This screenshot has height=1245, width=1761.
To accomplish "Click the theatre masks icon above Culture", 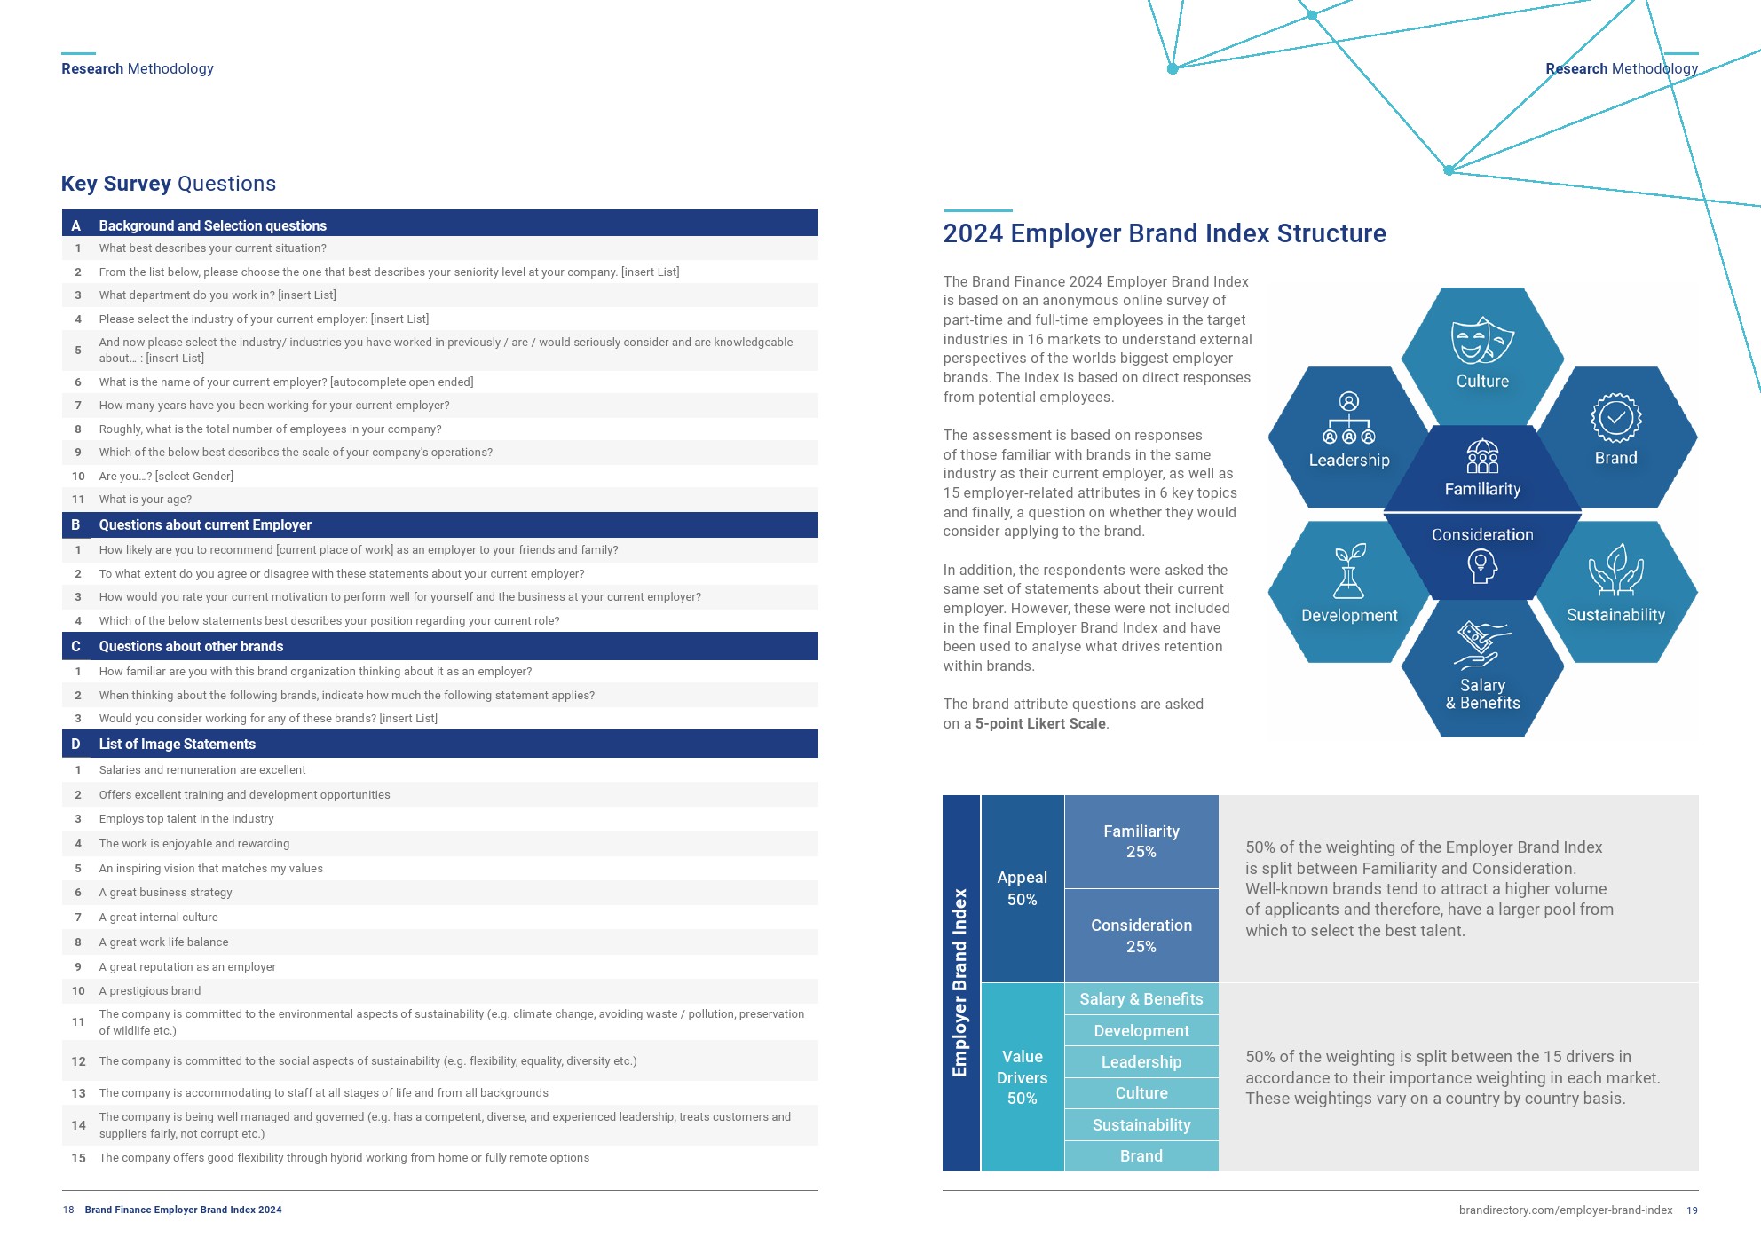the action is [1482, 341].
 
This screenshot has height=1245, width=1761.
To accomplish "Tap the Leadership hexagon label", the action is [1349, 460].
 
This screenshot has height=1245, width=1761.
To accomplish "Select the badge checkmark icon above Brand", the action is [1615, 417].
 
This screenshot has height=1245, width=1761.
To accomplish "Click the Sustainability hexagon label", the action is [1615, 615].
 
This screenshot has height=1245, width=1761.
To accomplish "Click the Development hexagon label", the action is [1349, 615].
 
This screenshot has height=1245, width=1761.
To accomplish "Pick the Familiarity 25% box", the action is [1141, 841].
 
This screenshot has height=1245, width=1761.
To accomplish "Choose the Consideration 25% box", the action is [1141, 935].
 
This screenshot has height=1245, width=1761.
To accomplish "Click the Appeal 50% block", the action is [1023, 888].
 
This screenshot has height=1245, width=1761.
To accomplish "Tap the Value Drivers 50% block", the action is [1023, 1077].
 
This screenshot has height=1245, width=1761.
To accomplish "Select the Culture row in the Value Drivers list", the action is [1141, 1093].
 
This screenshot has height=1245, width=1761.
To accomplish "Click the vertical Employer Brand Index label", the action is [960, 982].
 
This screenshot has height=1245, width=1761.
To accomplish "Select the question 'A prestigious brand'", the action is [150, 991].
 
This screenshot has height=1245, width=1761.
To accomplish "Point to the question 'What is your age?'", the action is [146, 500].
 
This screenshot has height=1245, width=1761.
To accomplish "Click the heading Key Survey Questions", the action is [169, 184].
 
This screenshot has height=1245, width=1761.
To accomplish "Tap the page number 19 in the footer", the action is [1692, 1210].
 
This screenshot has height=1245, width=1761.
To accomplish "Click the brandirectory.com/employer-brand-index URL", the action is [1566, 1210].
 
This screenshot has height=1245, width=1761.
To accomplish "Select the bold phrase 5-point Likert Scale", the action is [1040, 723].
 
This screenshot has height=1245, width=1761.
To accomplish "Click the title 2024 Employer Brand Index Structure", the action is [1165, 233].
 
